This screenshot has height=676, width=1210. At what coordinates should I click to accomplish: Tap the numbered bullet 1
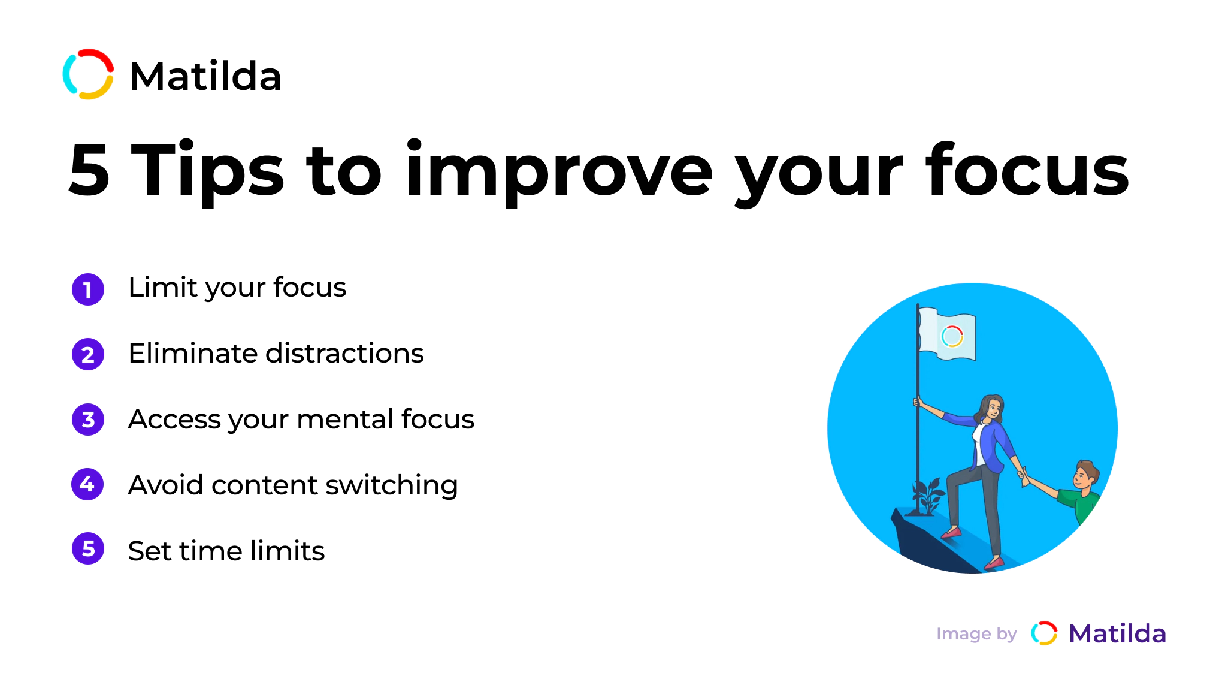88,289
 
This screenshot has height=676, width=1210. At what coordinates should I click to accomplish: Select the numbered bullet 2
88,355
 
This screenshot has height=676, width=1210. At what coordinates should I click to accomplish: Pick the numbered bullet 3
88,420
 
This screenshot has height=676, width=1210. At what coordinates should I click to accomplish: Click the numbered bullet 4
88,484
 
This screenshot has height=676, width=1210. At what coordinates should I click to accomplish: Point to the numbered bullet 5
88,549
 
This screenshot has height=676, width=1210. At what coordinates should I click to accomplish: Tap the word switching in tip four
392,485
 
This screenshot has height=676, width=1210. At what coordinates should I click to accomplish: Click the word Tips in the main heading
207,170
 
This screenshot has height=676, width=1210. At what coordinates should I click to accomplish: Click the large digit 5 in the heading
89,170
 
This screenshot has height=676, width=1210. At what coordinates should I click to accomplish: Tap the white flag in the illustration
947,334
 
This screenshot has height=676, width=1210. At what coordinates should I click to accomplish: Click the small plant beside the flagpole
927,496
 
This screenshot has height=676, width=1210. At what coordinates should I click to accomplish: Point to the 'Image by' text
976,634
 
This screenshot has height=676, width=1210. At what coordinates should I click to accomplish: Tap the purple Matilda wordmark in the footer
1118,634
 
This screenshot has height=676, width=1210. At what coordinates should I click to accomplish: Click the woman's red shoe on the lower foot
994,563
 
